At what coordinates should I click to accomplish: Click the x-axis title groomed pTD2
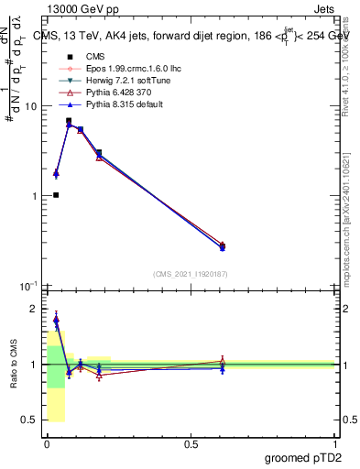click(303, 456)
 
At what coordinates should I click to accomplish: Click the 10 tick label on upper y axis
click(31, 106)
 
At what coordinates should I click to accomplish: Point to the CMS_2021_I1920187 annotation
click(189, 273)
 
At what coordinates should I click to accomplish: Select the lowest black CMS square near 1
click(56, 195)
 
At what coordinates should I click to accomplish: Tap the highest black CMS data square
click(69, 121)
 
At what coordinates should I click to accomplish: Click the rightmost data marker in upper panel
click(223, 245)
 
